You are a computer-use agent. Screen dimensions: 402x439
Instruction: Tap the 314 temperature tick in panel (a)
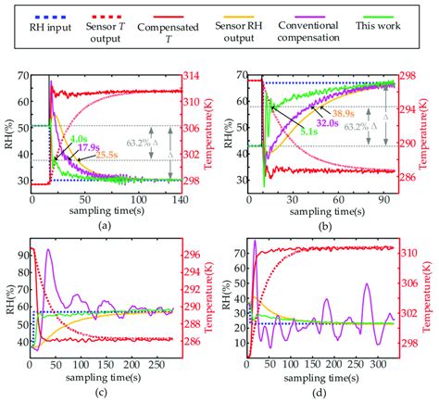point(189,76)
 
